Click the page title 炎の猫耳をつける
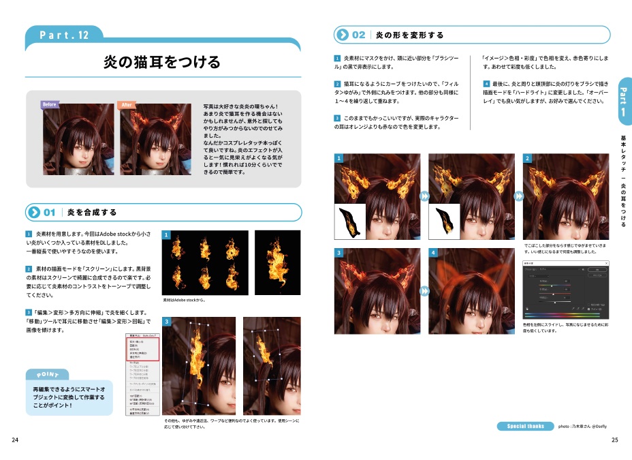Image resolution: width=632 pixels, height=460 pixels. point(161,63)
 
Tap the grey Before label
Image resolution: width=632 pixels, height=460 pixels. point(50,104)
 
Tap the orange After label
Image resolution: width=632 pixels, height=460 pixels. point(127,104)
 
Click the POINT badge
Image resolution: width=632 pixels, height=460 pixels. point(48,374)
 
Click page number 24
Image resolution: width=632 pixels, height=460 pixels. point(16,440)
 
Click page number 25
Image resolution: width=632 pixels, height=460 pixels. point(615,440)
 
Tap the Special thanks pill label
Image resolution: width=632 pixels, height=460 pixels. point(525,426)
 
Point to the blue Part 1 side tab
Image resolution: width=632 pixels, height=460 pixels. point(622,102)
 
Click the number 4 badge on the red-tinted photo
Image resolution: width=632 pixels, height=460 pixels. point(433,253)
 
